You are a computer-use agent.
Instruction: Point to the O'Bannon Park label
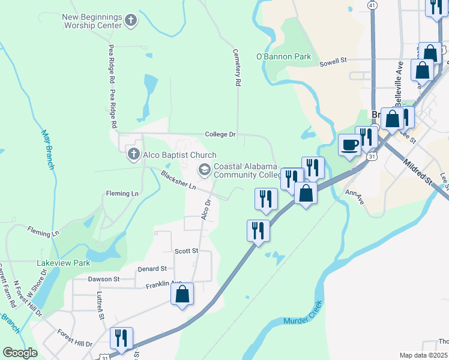pyautogui.click(x=283, y=56)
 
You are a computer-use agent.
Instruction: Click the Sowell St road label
pyautogui.click(x=333, y=61)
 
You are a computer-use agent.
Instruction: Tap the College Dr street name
pyautogui.click(x=220, y=134)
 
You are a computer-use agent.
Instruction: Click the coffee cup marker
pyautogui.click(x=350, y=144)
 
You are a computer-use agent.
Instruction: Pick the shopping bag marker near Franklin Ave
pyautogui.click(x=182, y=295)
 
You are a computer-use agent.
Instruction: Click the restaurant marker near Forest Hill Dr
pyautogui.click(x=122, y=338)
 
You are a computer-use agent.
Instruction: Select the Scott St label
pyautogui.click(x=186, y=251)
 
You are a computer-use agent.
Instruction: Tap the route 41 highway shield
pyautogui.click(x=373, y=5)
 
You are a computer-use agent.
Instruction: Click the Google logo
pyautogui.click(x=19, y=353)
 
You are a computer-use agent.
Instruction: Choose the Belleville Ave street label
pyautogui.click(x=397, y=80)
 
